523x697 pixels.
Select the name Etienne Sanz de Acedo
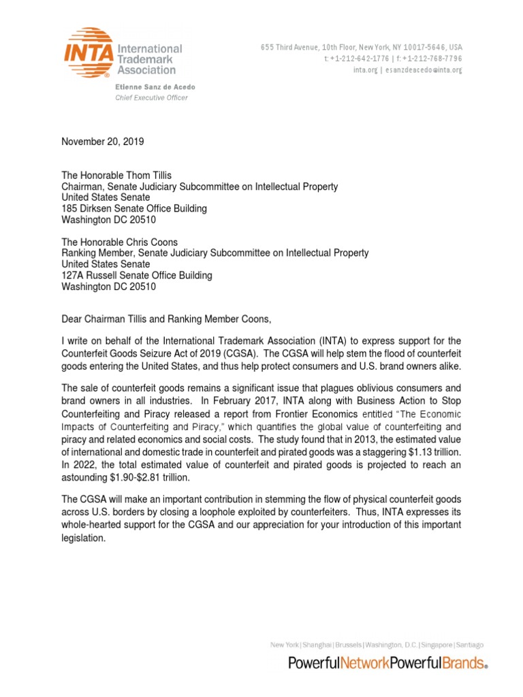click(x=144, y=86)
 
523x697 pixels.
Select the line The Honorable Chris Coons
click(x=119, y=242)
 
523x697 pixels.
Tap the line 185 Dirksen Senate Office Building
click(x=134, y=208)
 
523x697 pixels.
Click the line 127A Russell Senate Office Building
click(x=137, y=275)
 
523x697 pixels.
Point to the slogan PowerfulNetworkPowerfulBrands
click(x=387, y=663)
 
